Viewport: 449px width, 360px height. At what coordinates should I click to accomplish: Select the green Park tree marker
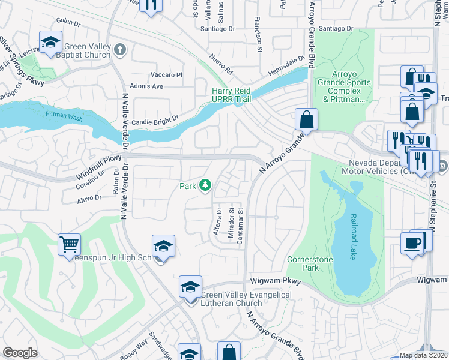pos(205,185)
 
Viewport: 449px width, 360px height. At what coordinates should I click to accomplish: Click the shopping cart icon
pos(70,244)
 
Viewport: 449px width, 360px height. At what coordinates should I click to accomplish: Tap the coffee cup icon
pos(412,243)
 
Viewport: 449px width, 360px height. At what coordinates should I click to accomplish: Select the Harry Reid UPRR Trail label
pos(238,95)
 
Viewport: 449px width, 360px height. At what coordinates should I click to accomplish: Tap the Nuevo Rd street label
pos(221,62)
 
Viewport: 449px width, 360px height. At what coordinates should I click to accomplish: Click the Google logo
pos(20,353)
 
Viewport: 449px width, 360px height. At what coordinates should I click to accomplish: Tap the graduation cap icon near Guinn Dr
pos(50,42)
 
